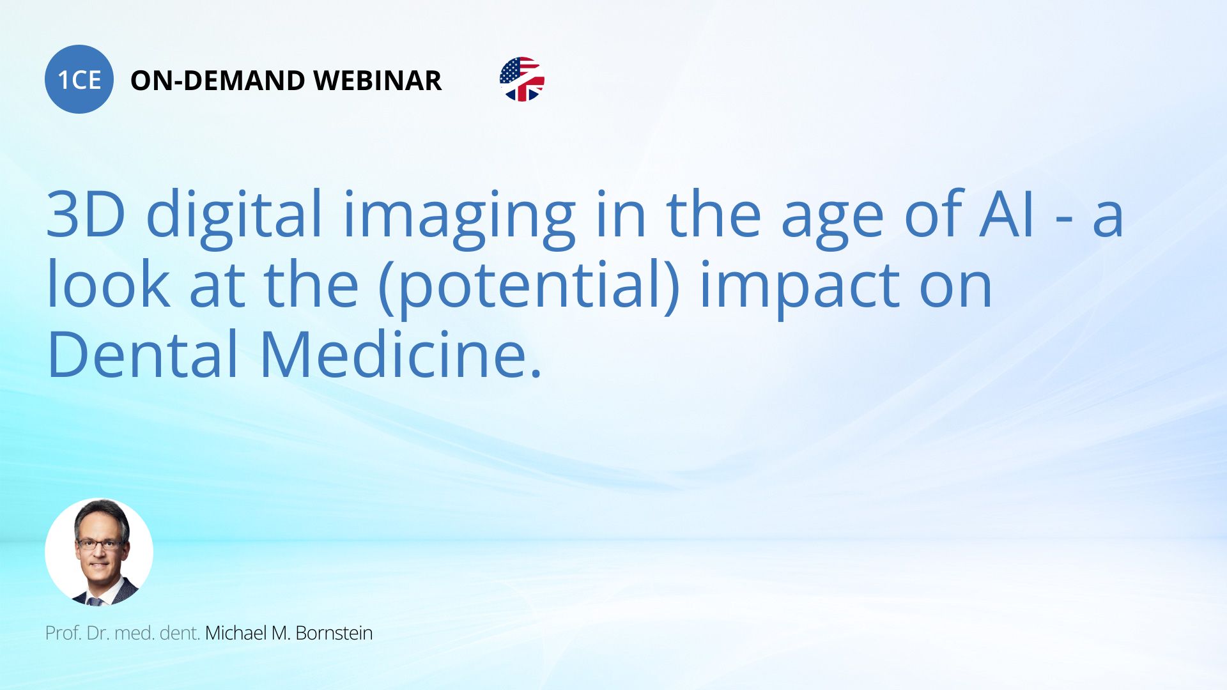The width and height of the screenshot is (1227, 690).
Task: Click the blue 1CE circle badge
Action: pyautogui.click(x=79, y=79)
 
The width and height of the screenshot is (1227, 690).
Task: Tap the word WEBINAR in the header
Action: pyautogui.click(x=377, y=80)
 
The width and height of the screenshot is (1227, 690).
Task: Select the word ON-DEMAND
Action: pyautogui.click(x=217, y=80)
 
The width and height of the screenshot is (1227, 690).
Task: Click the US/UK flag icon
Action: pyautogui.click(x=522, y=79)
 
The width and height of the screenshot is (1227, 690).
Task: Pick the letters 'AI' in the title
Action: pyautogui.click(x=1007, y=215)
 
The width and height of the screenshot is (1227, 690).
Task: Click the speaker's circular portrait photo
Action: pyautogui.click(x=99, y=552)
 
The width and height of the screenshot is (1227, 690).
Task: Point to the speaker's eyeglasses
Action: pyautogui.click(x=100, y=544)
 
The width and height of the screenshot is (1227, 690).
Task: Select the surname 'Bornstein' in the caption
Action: pyautogui.click(x=334, y=633)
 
